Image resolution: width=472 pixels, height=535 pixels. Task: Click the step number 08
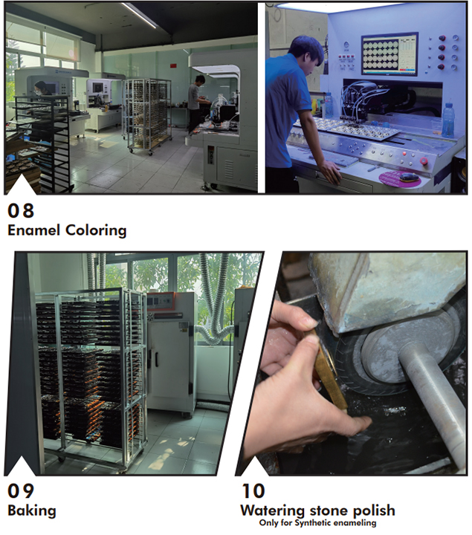[x=21, y=210]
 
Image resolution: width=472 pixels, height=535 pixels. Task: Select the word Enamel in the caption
[x=33, y=230]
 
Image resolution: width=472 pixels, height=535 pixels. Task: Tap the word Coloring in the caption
[x=96, y=230]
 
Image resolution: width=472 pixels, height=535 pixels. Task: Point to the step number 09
[x=21, y=491]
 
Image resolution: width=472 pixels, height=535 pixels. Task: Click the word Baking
[x=32, y=510]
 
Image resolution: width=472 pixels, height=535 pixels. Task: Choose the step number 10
[x=253, y=491]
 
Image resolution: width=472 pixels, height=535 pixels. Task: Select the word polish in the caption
[x=374, y=510]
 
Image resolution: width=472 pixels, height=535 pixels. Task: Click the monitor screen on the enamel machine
[x=389, y=53]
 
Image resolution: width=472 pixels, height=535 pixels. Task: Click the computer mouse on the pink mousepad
[x=409, y=177]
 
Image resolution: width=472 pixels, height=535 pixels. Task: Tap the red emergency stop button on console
[x=424, y=160]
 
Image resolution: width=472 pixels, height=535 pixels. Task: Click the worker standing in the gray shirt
[x=195, y=103]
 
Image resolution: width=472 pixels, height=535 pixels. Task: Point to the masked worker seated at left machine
[x=42, y=88]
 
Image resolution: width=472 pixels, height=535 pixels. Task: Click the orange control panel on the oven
[x=161, y=301]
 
